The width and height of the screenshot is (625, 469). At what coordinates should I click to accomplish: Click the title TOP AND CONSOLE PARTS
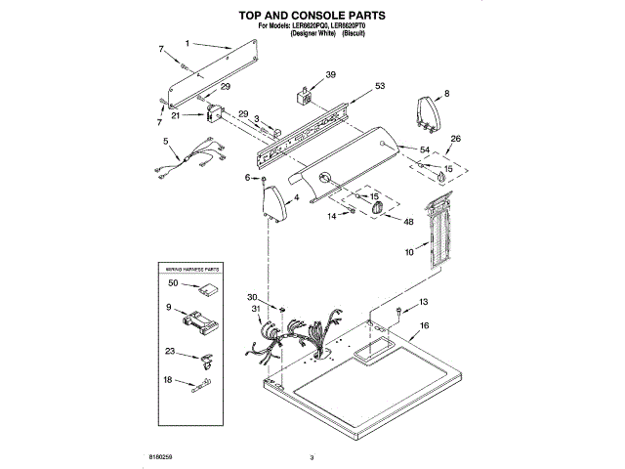tap(312, 16)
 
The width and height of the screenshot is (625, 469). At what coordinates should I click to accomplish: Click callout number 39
tap(330, 74)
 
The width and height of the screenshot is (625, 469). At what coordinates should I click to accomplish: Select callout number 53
tap(379, 87)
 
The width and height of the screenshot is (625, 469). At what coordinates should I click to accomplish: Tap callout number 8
tap(446, 94)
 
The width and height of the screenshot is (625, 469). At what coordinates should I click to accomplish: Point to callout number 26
tap(455, 139)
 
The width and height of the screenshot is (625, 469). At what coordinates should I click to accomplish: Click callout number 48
tap(408, 221)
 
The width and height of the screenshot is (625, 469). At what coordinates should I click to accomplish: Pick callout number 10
tap(410, 252)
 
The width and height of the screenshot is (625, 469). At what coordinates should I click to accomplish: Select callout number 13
tap(424, 302)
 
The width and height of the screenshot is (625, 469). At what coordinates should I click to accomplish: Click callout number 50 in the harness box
tap(172, 283)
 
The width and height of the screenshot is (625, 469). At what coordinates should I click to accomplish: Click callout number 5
tap(167, 143)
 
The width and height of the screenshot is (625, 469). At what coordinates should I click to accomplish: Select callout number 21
tap(175, 115)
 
